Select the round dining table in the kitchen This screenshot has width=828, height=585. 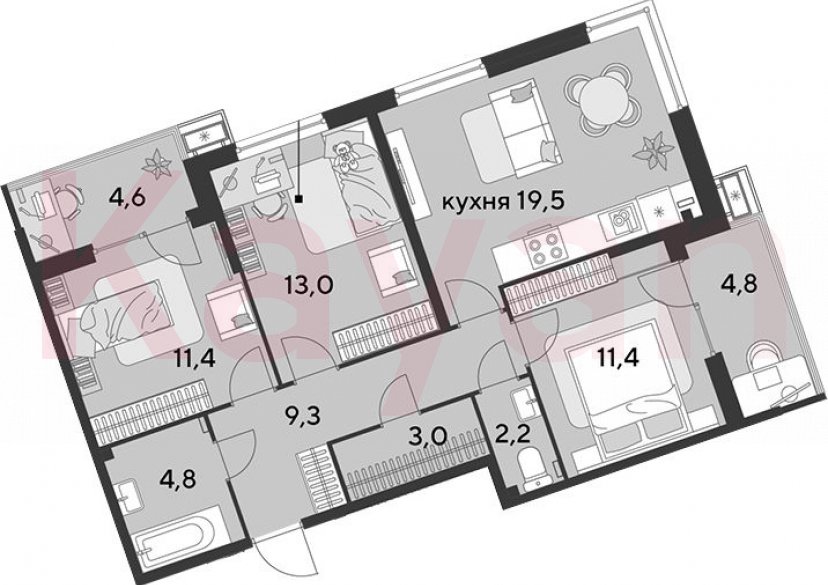click(601, 101)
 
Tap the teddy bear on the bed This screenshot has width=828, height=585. click(345, 154)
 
